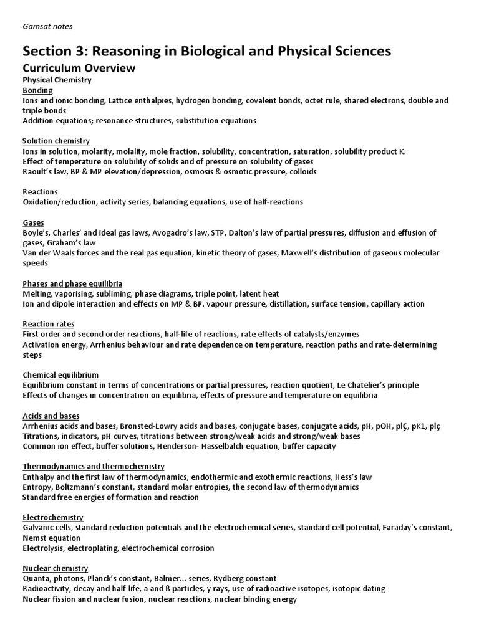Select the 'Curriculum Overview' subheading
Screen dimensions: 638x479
pyautogui.click(x=79, y=68)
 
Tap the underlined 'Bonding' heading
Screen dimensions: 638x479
pyautogui.click(x=37, y=90)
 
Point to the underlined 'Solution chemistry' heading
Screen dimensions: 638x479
pyautogui.click(x=56, y=141)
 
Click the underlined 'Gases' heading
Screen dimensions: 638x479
pyautogui.click(x=34, y=222)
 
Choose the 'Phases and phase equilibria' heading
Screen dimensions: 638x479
pyautogui.click(x=72, y=283)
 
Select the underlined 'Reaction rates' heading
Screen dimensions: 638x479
pyautogui.click(x=48, y=324)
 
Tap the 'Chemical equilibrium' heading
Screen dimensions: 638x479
pyautogui.click(x=60, y=375)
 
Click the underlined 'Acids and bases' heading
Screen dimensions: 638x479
pyautogui.click(x=51, y=416)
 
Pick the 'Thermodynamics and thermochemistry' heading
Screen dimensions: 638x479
pyautogui.click(x=94, y=466)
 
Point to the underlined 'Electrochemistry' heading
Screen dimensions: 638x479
pyautogui.click(x=53, y=517)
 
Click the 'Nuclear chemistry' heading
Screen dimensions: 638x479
pyautogui.click(x=55, y=568)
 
